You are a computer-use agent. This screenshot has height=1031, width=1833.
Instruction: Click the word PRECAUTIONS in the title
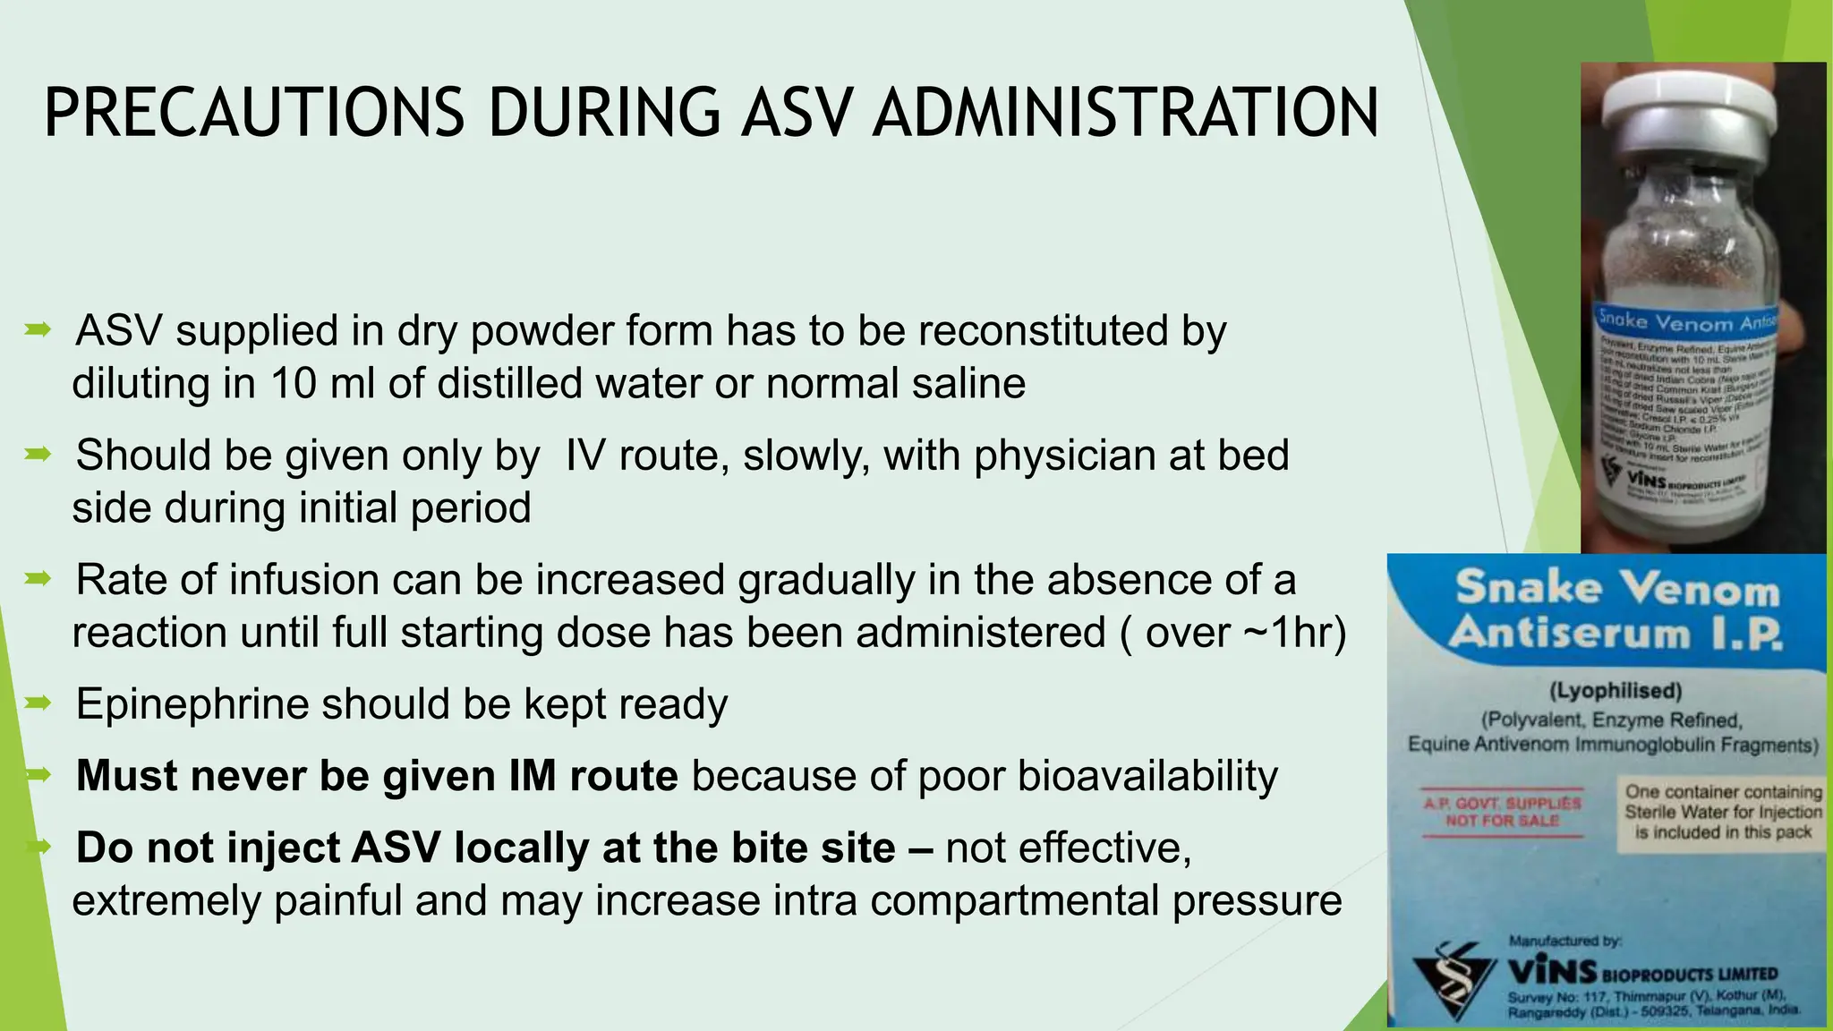253,113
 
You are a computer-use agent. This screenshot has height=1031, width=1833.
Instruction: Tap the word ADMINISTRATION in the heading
1125,113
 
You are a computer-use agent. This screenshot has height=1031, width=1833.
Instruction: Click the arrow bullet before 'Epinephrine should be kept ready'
38,703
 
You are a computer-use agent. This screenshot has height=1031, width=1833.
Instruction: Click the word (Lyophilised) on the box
1615,691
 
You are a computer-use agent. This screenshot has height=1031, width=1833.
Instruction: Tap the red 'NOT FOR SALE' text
1502,821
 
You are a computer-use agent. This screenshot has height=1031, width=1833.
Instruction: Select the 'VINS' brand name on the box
1551,972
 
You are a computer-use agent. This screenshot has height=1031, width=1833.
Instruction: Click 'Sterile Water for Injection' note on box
1723,813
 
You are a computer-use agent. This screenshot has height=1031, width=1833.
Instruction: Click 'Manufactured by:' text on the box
1564,941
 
